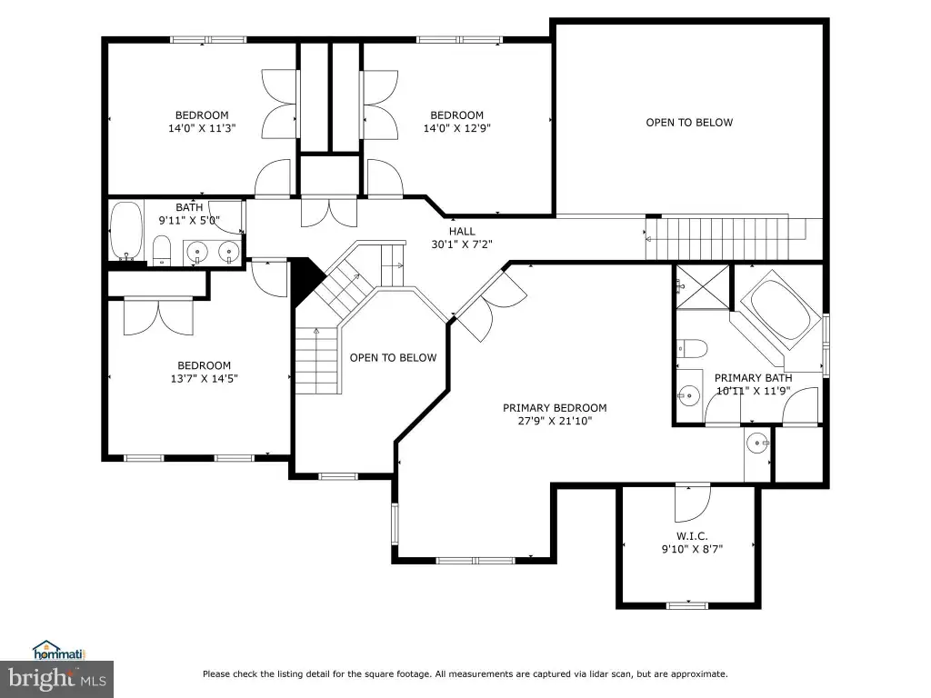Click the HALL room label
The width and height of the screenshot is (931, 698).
(462, 232)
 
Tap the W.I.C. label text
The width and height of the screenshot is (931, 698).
(692, 536)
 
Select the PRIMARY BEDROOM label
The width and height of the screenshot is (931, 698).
(555, 408)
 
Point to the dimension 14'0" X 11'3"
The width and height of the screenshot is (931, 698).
(202, 128)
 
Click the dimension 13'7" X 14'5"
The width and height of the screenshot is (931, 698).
(205, 379)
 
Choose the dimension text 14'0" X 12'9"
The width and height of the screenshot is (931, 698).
(457, 128)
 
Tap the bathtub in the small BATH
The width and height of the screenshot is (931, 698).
(126, 232)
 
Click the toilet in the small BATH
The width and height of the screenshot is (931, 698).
(162, 251)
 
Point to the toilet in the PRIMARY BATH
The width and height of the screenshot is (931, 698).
(692, 348)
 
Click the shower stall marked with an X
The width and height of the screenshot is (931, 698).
(703, 287)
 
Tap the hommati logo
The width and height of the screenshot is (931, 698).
(59, 651)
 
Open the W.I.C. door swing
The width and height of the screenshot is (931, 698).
(692, 502)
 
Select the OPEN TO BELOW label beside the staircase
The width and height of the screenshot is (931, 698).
(393, 358)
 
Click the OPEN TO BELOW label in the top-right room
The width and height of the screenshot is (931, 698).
(689, 123)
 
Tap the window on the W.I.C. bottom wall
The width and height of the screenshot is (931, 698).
(687, 605)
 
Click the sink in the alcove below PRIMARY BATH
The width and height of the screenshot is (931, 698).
(757, 443)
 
